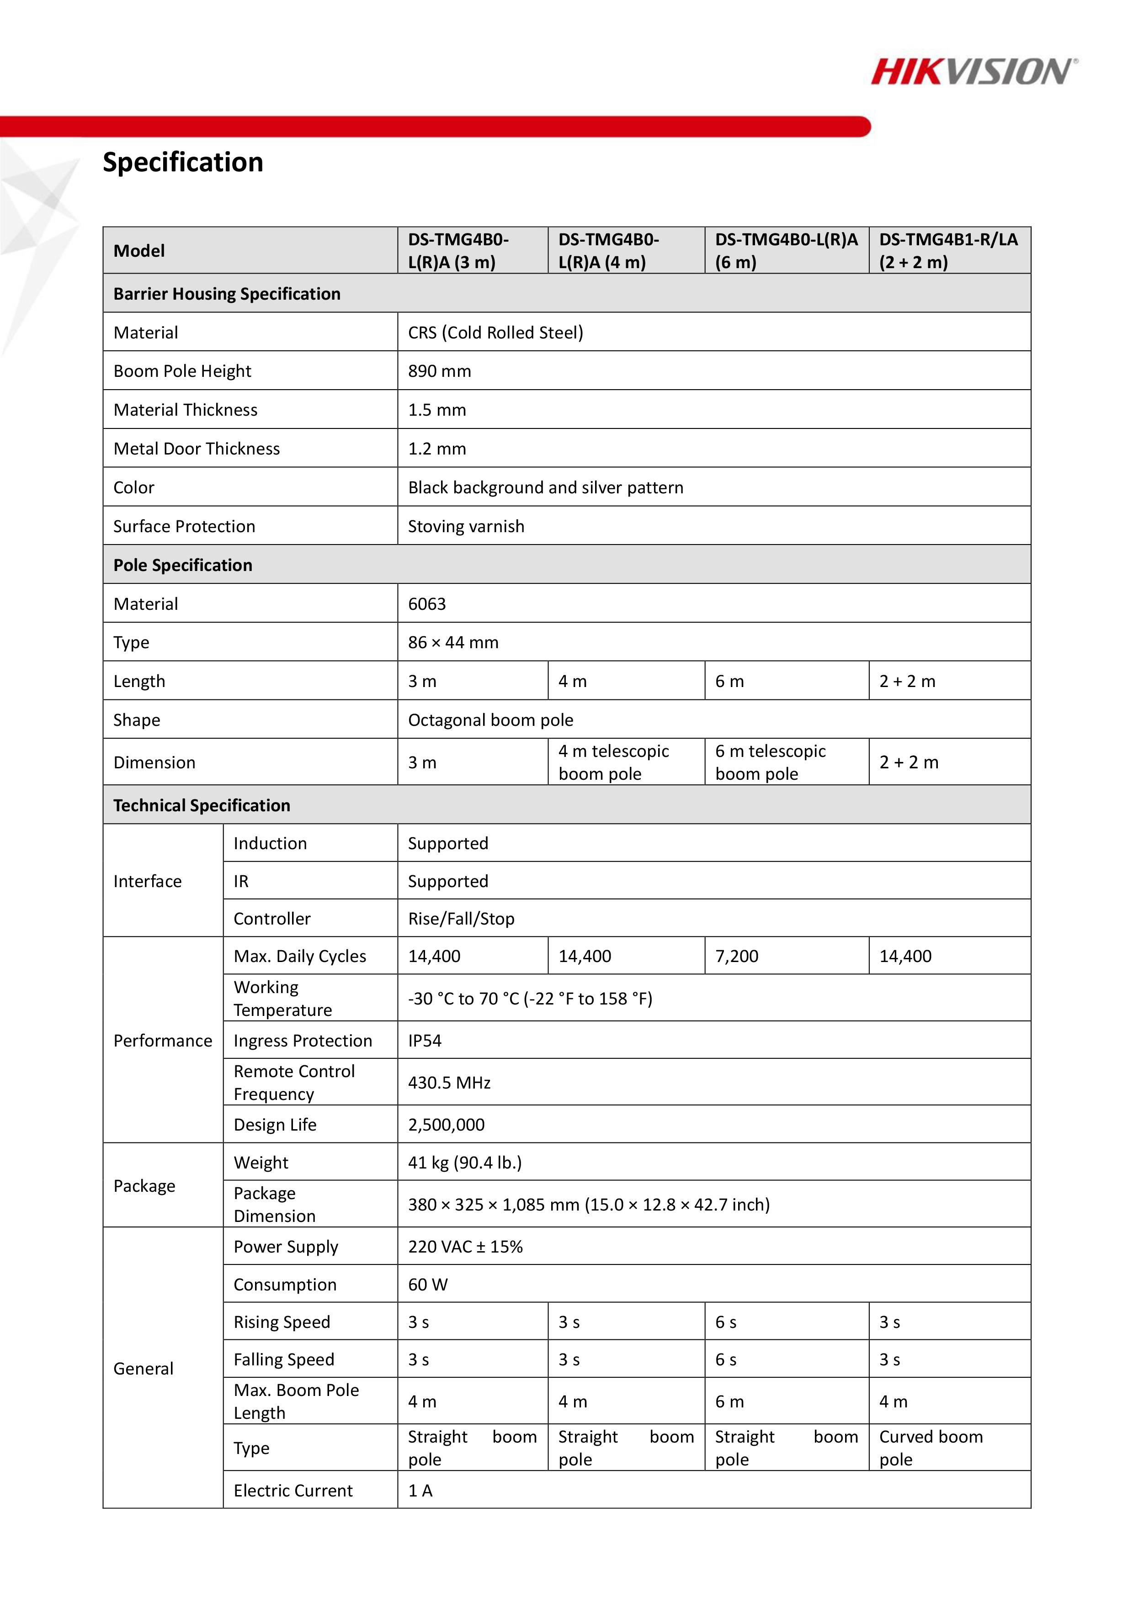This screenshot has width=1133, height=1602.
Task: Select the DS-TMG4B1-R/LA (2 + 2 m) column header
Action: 948,250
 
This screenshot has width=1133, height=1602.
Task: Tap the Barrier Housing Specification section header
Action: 227,294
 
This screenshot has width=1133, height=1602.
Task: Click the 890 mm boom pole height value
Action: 439,371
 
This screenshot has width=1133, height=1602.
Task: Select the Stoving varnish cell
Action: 466,526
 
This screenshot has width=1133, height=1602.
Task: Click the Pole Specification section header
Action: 183,565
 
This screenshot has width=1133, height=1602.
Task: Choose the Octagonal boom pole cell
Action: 490,720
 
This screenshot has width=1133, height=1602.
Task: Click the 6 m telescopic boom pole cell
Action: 770,762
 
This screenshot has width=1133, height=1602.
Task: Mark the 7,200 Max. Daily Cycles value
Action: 736,956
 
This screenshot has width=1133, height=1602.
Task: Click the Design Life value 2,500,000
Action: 446,1125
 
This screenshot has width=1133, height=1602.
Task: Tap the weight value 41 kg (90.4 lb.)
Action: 465,1163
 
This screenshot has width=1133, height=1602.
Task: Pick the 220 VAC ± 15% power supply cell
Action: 465,1247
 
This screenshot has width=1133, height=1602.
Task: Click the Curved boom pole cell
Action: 931,1448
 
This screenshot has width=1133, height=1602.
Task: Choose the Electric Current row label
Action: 293,1491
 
